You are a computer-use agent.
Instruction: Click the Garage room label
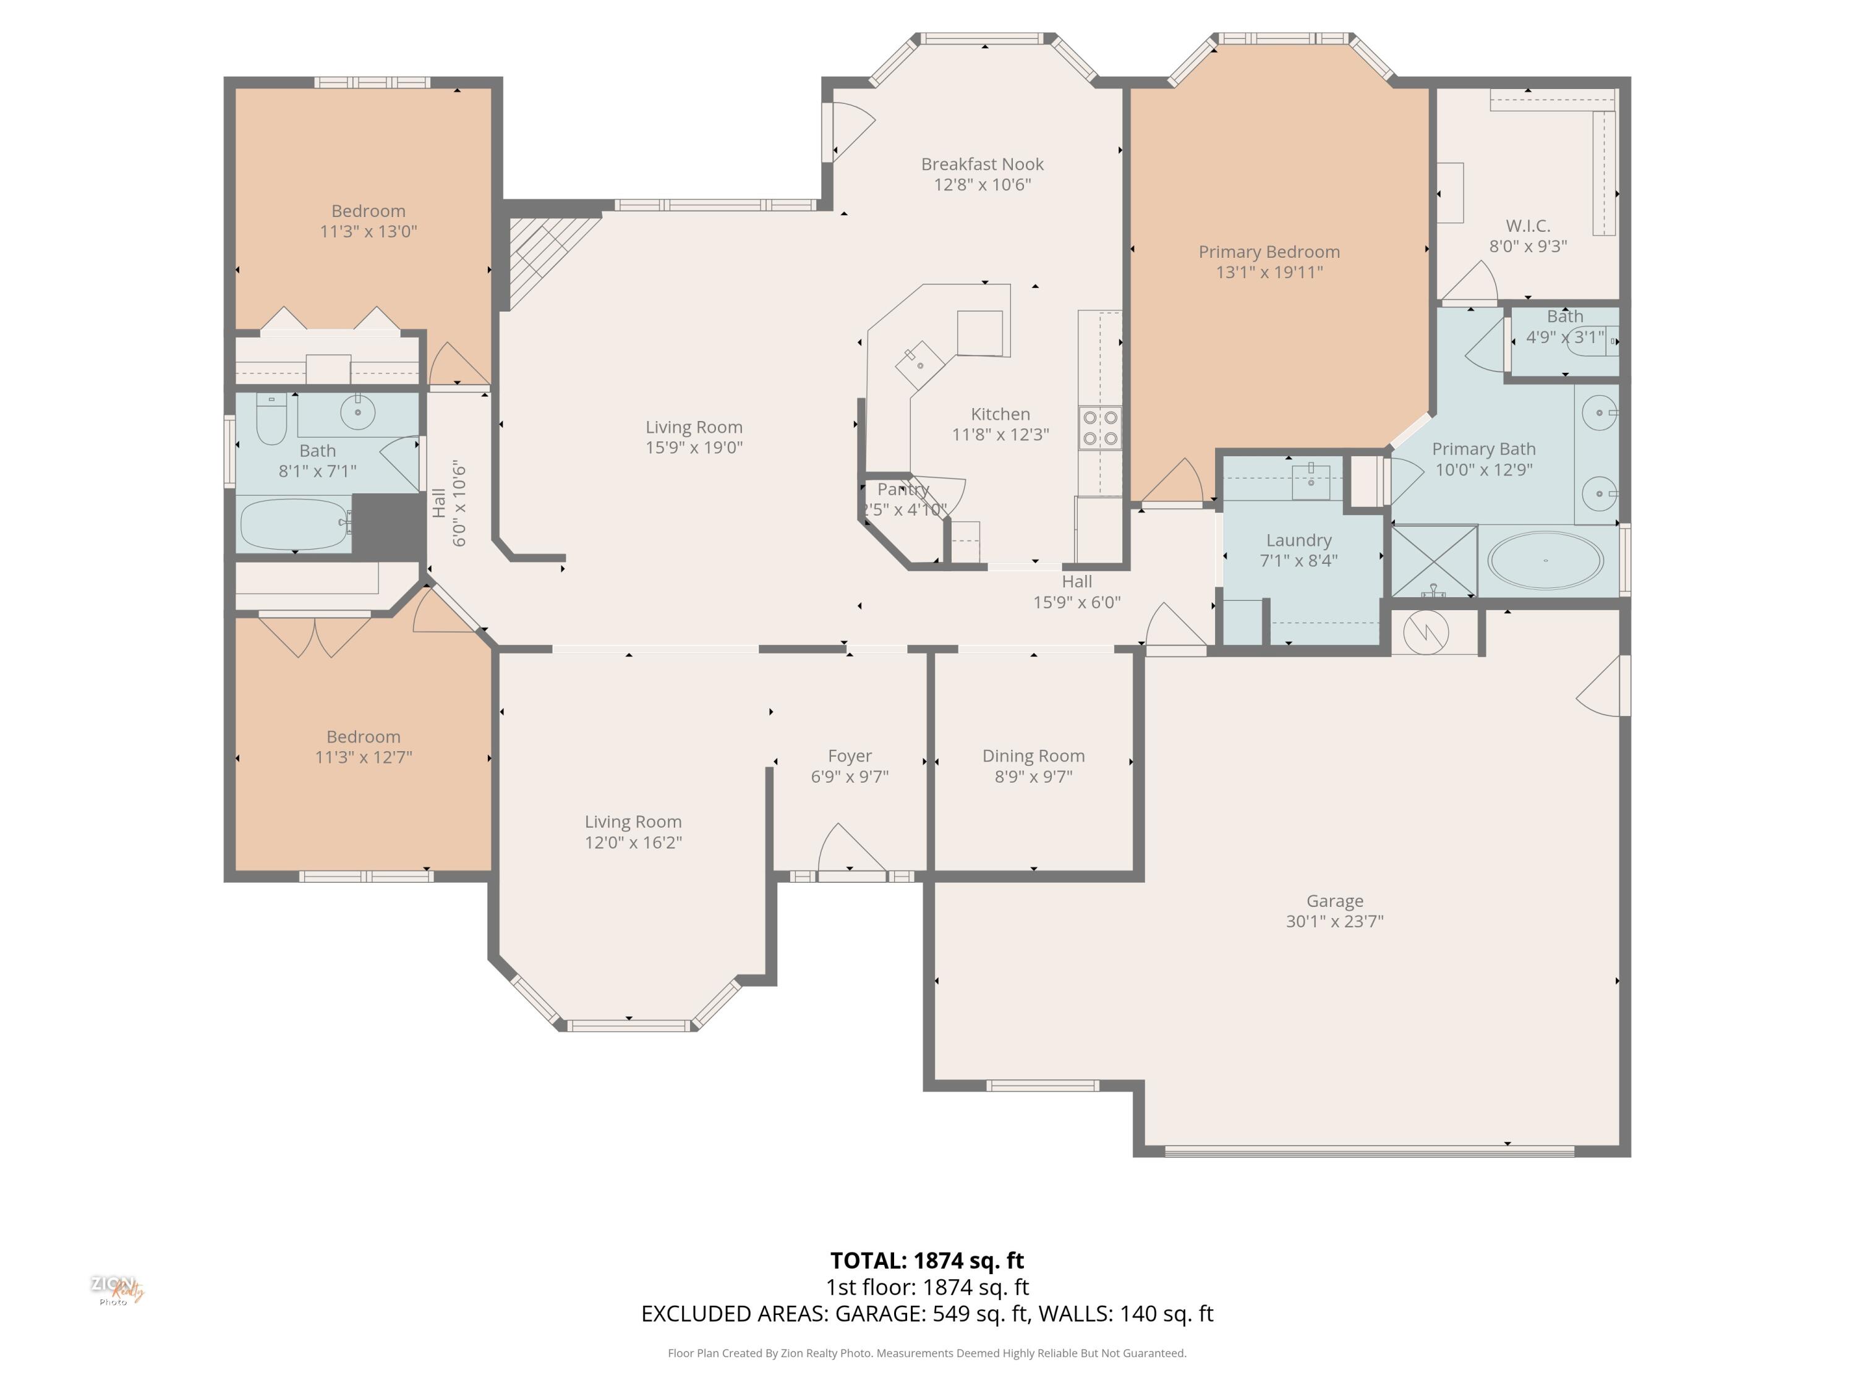[1334, 901]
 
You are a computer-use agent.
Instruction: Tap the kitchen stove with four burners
[1099, 428]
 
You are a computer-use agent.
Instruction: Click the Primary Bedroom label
[1269, 252]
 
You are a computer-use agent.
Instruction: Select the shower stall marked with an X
[1434, 560]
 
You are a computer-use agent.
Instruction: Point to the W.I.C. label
[1528, 226]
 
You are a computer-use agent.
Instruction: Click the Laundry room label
[1298, 540]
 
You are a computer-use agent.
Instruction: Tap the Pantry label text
[903, 489]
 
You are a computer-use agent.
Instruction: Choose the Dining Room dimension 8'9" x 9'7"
[1033, 776]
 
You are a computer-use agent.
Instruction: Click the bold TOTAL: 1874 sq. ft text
[927, 1260]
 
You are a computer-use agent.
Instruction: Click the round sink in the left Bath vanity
[358, 412]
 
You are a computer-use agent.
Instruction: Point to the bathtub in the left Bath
[294, 524]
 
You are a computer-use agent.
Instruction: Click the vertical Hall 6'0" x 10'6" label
[449, 503]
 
